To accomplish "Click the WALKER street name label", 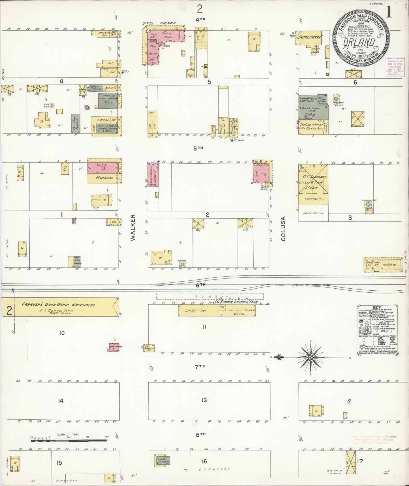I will [x=133, y=228].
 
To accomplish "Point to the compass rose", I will [x=311, y=358].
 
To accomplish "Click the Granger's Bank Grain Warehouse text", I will [x=59, y=305].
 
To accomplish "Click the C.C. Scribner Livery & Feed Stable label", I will [x=313, y=182].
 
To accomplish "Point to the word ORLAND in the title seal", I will [x=359, y=42].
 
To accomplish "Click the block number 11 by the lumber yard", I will [x=204, y=327].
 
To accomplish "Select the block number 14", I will [x=61, y=401].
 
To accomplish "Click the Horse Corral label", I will [x=313, y=213].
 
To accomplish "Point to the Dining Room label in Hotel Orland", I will [x=166, y=35].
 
